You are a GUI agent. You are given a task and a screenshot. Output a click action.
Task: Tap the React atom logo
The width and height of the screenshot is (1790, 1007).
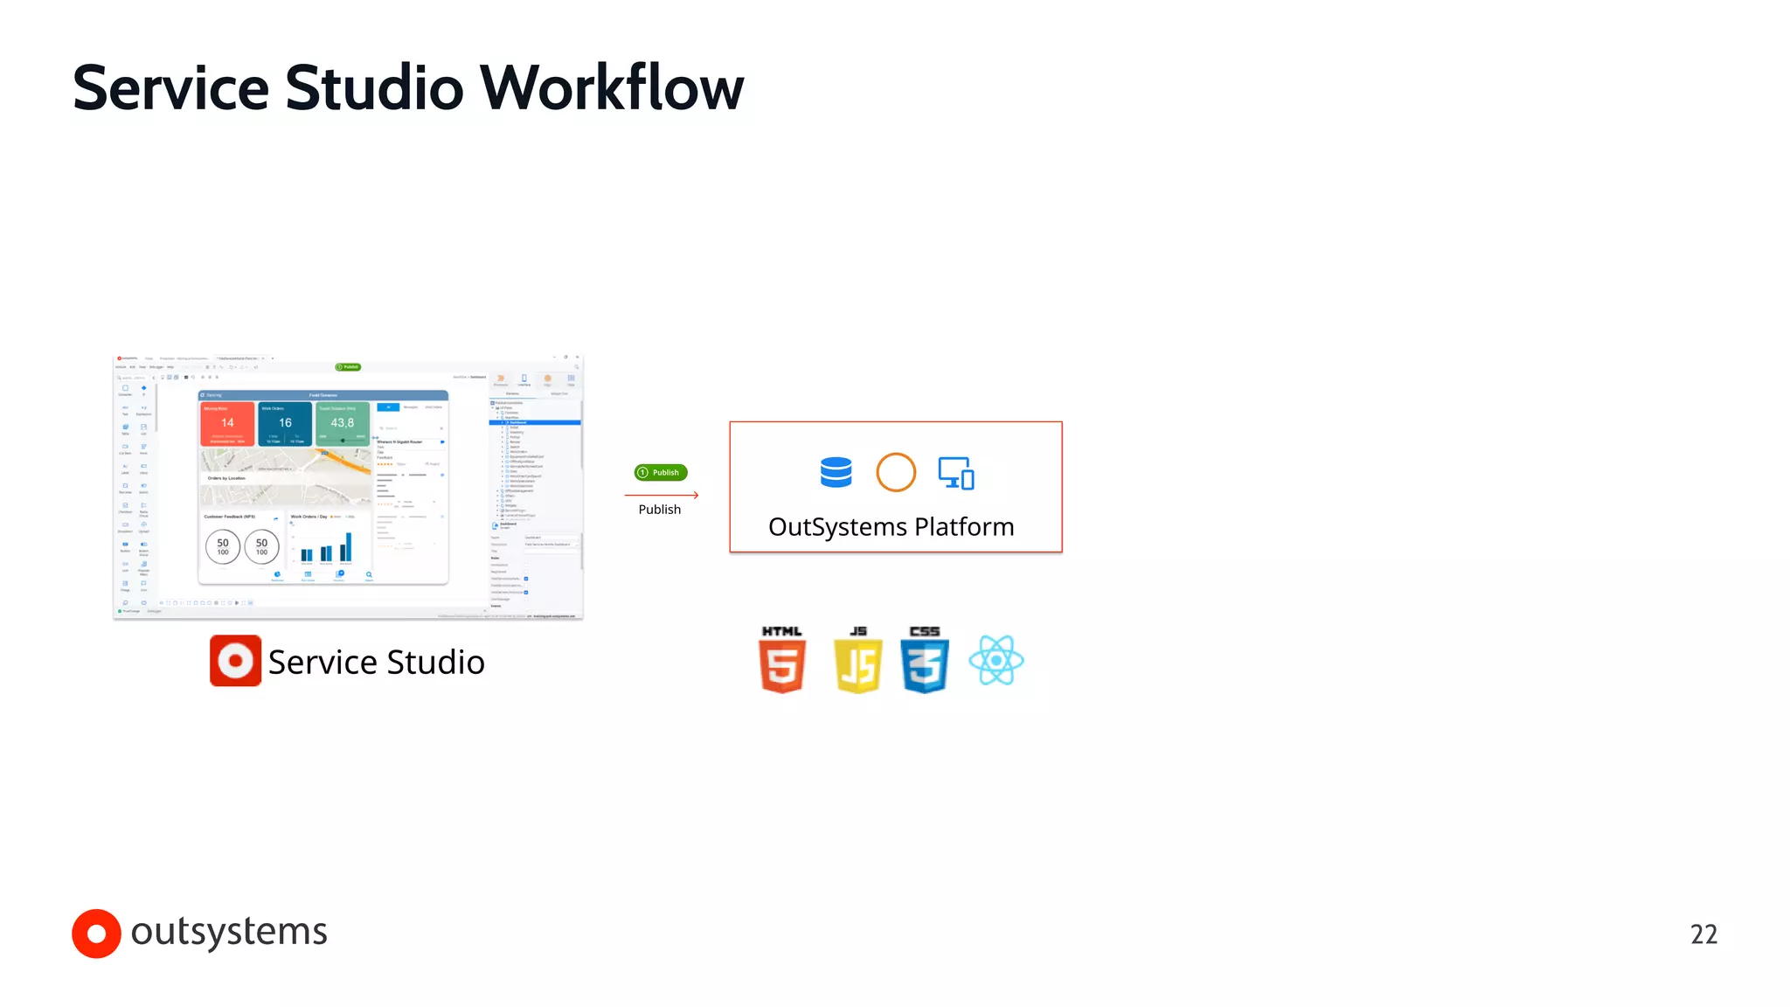pyautogui.click(x=996, y=660)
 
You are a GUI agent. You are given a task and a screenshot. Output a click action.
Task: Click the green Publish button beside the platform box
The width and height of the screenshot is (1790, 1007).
pyautogui.click(x=661, y=472)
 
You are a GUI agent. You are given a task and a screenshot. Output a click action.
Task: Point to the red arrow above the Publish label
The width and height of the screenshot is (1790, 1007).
pyautogui.click(x=662, y=495)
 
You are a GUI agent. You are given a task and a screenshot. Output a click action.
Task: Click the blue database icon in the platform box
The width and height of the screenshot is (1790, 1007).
pyautogui.click(x=836, y=472)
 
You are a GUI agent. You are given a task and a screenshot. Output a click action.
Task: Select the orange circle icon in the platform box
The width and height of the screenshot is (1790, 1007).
pyautogui.click(x=896, y=472)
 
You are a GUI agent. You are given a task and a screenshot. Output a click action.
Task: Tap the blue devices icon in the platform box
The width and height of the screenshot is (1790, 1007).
pyautogui.click(x=956, y=473)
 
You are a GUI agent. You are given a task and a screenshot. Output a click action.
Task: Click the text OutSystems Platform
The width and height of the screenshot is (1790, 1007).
pyautogui.click(x=891, y=527)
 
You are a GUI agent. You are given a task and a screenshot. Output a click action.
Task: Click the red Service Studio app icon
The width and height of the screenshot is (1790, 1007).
pyautogui.click(x=235, y=660)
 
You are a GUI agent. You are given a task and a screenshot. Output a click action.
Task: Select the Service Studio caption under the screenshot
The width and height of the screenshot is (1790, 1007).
pyautogui.click(x=376, y=662)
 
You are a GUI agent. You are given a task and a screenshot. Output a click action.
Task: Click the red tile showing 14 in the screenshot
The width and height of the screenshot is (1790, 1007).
pyautogui.click(x=227, y=424)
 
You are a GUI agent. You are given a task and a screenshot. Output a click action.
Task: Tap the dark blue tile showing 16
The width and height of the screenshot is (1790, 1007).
pyautogui.click(x=285, y=424)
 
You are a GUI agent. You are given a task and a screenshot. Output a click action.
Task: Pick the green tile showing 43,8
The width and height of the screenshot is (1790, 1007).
pyautogui.click(x=342, y=424)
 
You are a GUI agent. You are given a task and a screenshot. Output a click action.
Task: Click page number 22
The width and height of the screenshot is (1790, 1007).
pyautogui.click(x=1703, y=934)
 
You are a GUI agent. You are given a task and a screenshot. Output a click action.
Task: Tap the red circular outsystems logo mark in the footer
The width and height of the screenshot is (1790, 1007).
pyautogui.click(x=96, y=934)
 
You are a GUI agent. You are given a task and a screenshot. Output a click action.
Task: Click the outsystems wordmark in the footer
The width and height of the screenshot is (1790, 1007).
pyautogui.click(x=229, y=932)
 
